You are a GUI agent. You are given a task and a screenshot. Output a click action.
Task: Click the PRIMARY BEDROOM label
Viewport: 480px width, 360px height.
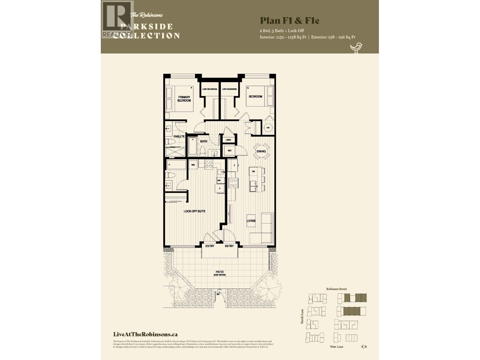tap(184, 99)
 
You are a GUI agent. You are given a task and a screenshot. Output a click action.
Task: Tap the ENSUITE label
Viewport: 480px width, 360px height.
tap(179, 136)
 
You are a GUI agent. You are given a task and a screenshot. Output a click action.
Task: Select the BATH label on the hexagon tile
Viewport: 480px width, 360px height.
tap(204, 141)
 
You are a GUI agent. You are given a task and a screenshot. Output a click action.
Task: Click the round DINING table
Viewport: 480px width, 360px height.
tap(261, 151)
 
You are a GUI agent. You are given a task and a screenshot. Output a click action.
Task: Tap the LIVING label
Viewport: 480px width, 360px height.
tap(251, 221)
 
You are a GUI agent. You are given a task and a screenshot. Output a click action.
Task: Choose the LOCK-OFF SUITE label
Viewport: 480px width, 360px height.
tap(194, 211)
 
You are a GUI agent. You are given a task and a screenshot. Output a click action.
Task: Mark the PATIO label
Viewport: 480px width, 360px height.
tap(220, 272)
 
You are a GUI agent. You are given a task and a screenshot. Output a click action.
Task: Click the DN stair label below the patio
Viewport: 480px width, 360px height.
tap(218, 294)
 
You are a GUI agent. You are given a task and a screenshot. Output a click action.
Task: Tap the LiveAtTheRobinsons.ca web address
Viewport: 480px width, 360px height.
tap(145, 334)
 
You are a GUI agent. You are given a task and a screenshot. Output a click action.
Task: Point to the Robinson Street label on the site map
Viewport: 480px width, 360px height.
tap(337, 289)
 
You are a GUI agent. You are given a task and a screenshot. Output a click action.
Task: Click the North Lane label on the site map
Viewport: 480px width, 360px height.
tap(302, 316)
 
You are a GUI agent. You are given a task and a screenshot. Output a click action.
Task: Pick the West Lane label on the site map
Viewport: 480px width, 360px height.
tap(337, 346)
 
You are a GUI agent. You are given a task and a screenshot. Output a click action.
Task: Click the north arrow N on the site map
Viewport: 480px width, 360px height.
tap(364, 346)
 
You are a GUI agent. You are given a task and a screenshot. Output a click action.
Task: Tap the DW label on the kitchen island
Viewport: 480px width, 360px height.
tap(253, 171)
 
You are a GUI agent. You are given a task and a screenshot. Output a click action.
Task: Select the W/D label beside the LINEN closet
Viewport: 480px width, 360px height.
tap(229, 151)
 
